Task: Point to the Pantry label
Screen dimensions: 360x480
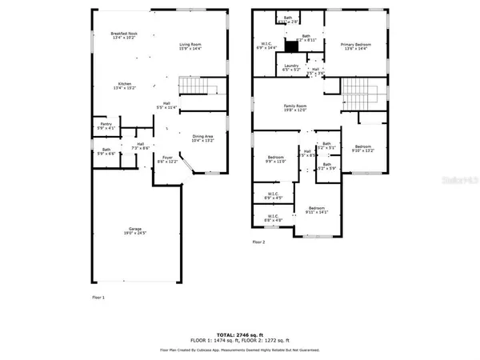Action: coord(106,126)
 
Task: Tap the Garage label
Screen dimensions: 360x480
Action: coord(132,230)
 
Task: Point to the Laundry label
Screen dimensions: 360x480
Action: coord(291,67)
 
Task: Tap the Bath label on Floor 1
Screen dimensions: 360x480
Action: coord(106,150)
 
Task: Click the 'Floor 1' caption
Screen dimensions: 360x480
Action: coord(98,297)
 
